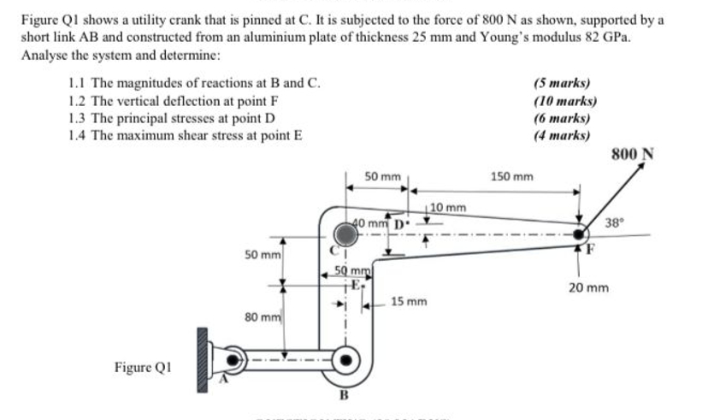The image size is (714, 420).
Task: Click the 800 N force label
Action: (x=634, y=154)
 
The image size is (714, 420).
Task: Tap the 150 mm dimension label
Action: (x=511, y=177)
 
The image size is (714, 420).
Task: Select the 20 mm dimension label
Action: (x=588, y=288)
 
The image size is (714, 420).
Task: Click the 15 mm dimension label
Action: (x=409, y=302)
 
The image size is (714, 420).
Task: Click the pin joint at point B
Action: (x=344, y=359)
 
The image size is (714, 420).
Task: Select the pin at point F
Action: (x=581, y=233)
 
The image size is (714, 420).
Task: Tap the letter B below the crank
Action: (x=344, y=395)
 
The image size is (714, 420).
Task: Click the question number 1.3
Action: (x=76, y=117)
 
